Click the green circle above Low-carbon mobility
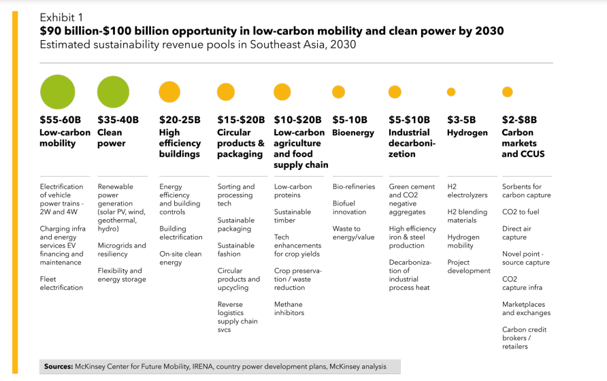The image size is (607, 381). (58, 92)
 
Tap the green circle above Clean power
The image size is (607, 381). (113, 92)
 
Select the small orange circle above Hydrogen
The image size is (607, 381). (450, 92)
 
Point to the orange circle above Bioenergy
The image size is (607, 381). (338, 92)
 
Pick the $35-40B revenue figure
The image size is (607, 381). (118, 120)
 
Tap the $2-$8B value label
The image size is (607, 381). (523, 120)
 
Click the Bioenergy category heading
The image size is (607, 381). (353, 133)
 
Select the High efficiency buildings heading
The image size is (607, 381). (180, 143)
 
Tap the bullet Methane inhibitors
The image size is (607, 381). (289, 308)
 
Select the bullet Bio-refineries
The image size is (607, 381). (354, 186)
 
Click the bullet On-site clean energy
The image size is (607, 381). (180, 258)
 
